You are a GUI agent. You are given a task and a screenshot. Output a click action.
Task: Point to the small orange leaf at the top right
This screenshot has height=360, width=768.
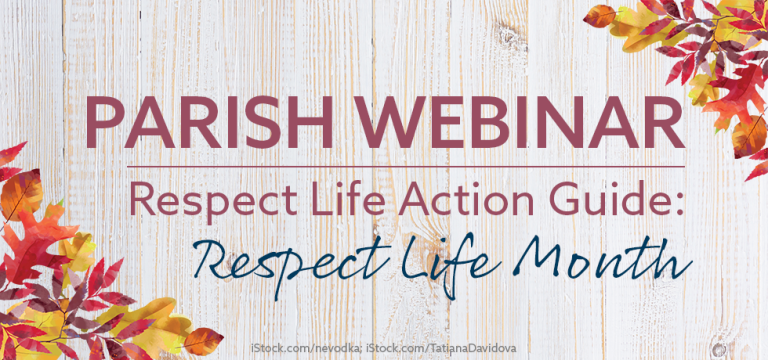click(599, 16)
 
